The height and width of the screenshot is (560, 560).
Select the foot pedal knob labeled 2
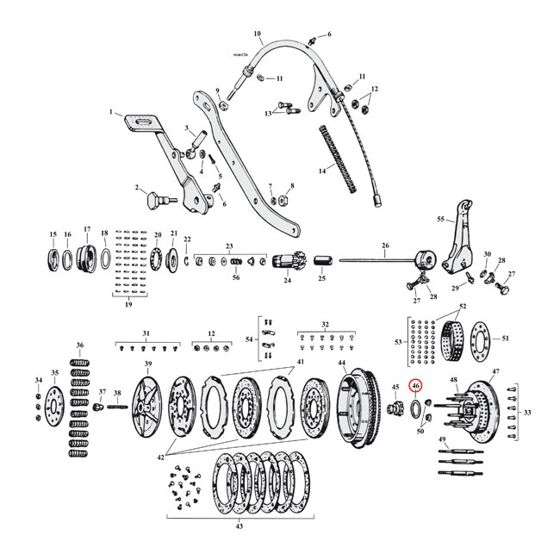tap(153, 200)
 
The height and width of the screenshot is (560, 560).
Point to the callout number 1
tap(111, 113)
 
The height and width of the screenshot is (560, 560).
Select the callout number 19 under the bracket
tap(130, 305)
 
